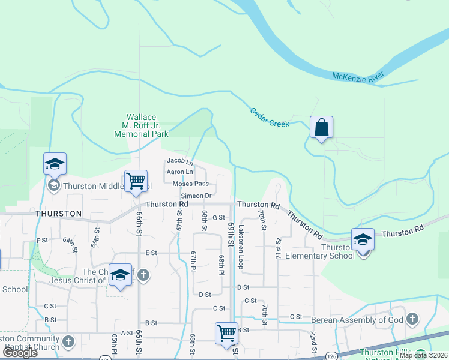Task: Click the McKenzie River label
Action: click(358, 77)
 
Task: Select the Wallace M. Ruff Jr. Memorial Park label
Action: click(142, 126)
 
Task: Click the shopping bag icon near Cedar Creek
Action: click(321, 127)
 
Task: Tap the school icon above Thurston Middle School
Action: click(55, 164)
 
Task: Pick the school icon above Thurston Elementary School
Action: click(363, 239)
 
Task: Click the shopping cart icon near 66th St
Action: click(136, 181)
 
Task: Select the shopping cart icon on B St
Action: click(226, 332)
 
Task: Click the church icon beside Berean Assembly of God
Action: click(412, 319)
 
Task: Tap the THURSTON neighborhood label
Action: click(58, 214)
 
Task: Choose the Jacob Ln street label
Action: click(180, 161)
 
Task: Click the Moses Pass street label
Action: click(190, 184)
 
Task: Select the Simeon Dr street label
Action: click(196, 196)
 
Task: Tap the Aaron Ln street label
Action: click(179, 172)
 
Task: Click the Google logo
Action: click(20, 353)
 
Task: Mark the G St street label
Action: click(218, 218)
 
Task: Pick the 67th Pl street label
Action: click(193, 262)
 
